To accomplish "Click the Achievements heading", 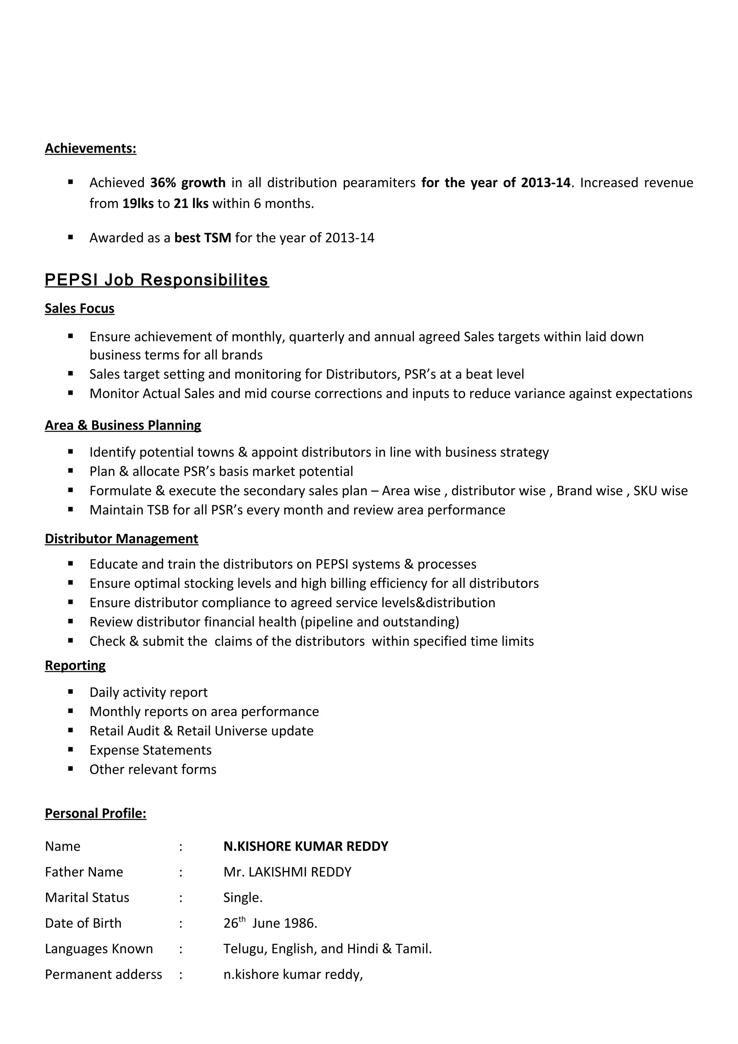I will (x=90, y=149).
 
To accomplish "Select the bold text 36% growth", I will (x=188, y=183).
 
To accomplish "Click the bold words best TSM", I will (x=203, y=238).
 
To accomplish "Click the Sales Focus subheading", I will (x=80, y=308).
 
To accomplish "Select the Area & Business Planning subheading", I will (x=123, y=425).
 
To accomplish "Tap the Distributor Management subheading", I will (x=121, y=539).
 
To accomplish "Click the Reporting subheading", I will (x=75, y=666).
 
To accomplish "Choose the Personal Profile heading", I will (x=95, y=813).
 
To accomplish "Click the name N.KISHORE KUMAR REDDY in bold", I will (x=306, y=846).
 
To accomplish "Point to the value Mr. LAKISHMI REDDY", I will (x=287, y=872).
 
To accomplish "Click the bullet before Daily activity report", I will (x=71, y=692).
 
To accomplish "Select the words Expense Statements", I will (x=151, y=750).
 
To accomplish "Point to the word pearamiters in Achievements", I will (x=379, y=183).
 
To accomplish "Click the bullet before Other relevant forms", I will (x=71, y=769).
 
